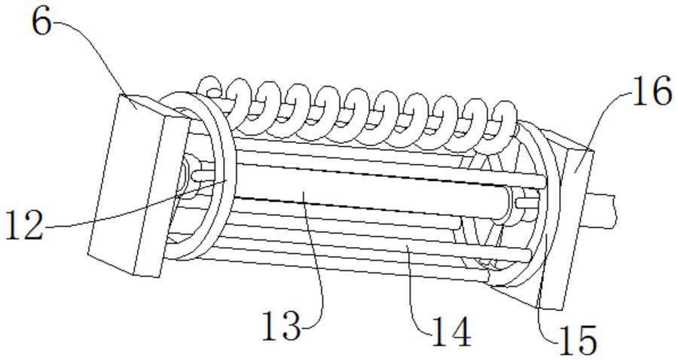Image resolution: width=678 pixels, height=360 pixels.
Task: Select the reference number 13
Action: pos(282,325)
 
